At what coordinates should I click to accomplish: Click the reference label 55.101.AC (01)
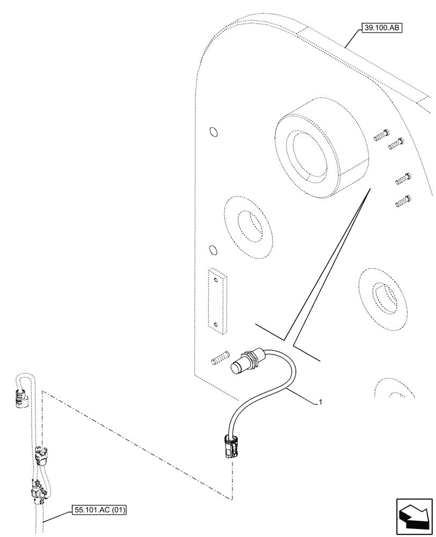(x=98, y=510)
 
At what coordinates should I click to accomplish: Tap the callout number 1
(x=321, y=401)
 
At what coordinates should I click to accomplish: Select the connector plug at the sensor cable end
(x=229, y=446)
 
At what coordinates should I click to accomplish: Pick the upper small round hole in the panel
(x=213, y=132)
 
